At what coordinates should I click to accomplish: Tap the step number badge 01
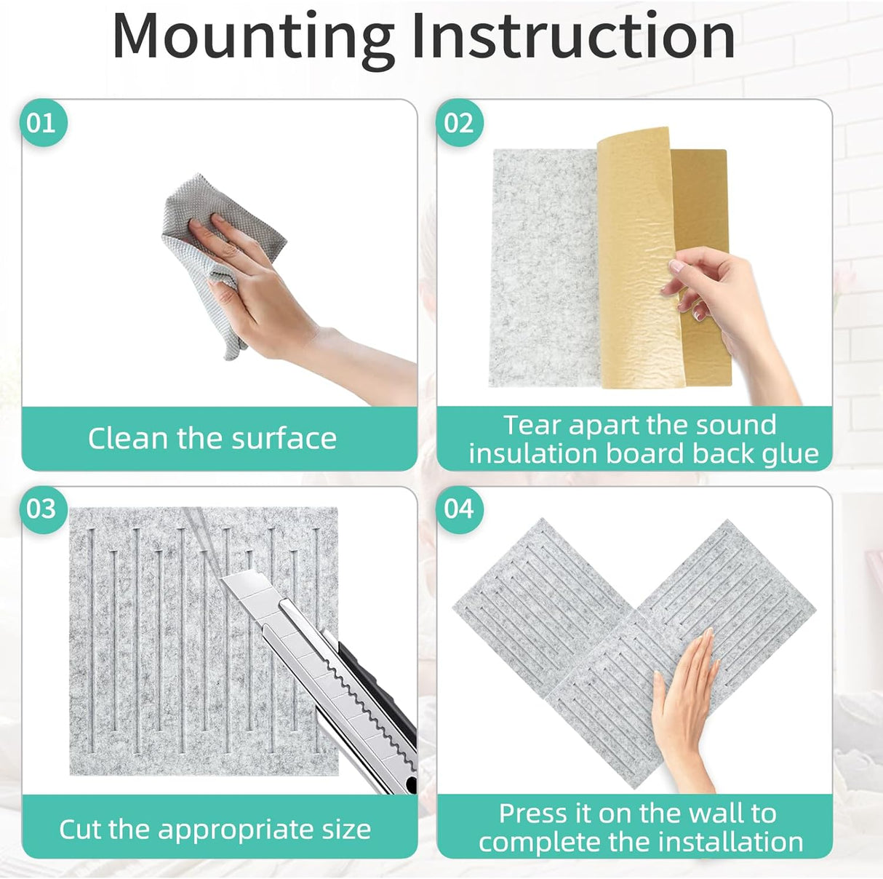point(42,122)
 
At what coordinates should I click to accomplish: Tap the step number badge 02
point(460,122)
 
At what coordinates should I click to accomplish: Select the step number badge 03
point(42,508)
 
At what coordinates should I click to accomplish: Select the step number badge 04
point(460,508)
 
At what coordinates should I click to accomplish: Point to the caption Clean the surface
point(212,439)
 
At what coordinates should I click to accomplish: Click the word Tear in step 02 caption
point(532,425)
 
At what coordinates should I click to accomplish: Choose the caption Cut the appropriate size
point(215,830)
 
